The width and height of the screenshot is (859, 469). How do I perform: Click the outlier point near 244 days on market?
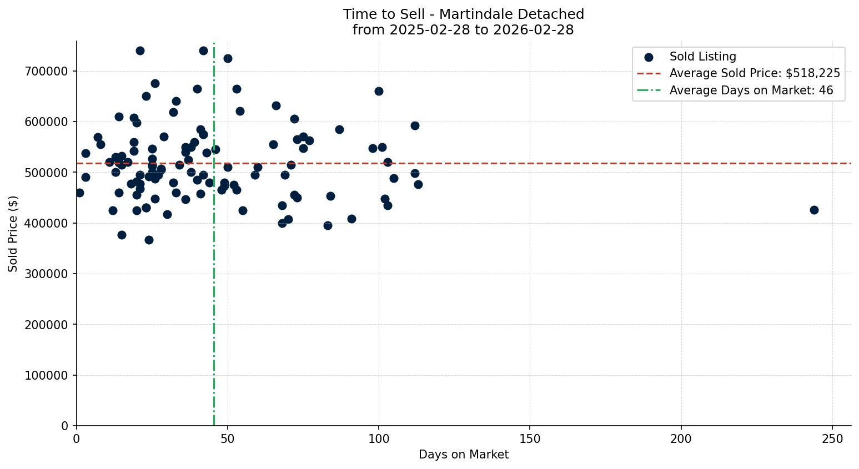pos(814,210)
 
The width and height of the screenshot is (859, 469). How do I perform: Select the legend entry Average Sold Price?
pos(754,73)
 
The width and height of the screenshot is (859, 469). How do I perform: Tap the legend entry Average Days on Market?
pos(751,90)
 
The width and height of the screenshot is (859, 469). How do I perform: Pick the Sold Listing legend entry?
pos(702,57)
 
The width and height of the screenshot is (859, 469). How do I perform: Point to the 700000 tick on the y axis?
pos(46,72)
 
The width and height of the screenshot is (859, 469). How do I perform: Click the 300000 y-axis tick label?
pos(46,274)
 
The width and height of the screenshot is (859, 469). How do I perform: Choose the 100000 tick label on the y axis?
pos(46,376)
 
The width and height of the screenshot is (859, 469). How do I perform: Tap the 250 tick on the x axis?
pos(832,438)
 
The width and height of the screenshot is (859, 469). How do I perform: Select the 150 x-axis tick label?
pos(530,438)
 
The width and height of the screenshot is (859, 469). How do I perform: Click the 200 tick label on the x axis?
pos(681,438)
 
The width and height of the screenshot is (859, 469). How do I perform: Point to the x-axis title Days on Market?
pos(464,455)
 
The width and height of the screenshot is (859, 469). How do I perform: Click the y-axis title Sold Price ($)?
pos(13,234)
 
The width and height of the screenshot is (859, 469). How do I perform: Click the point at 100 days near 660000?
pos(379,91)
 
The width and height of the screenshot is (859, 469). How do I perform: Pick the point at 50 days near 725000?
pos(228,58)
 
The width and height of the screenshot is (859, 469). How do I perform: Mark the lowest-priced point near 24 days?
pos(149,240)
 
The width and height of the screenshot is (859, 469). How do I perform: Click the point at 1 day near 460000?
pos(79,193)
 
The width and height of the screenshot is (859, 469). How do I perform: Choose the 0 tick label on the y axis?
pos(64,426)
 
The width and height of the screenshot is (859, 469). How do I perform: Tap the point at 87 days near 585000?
pos(339,129)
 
